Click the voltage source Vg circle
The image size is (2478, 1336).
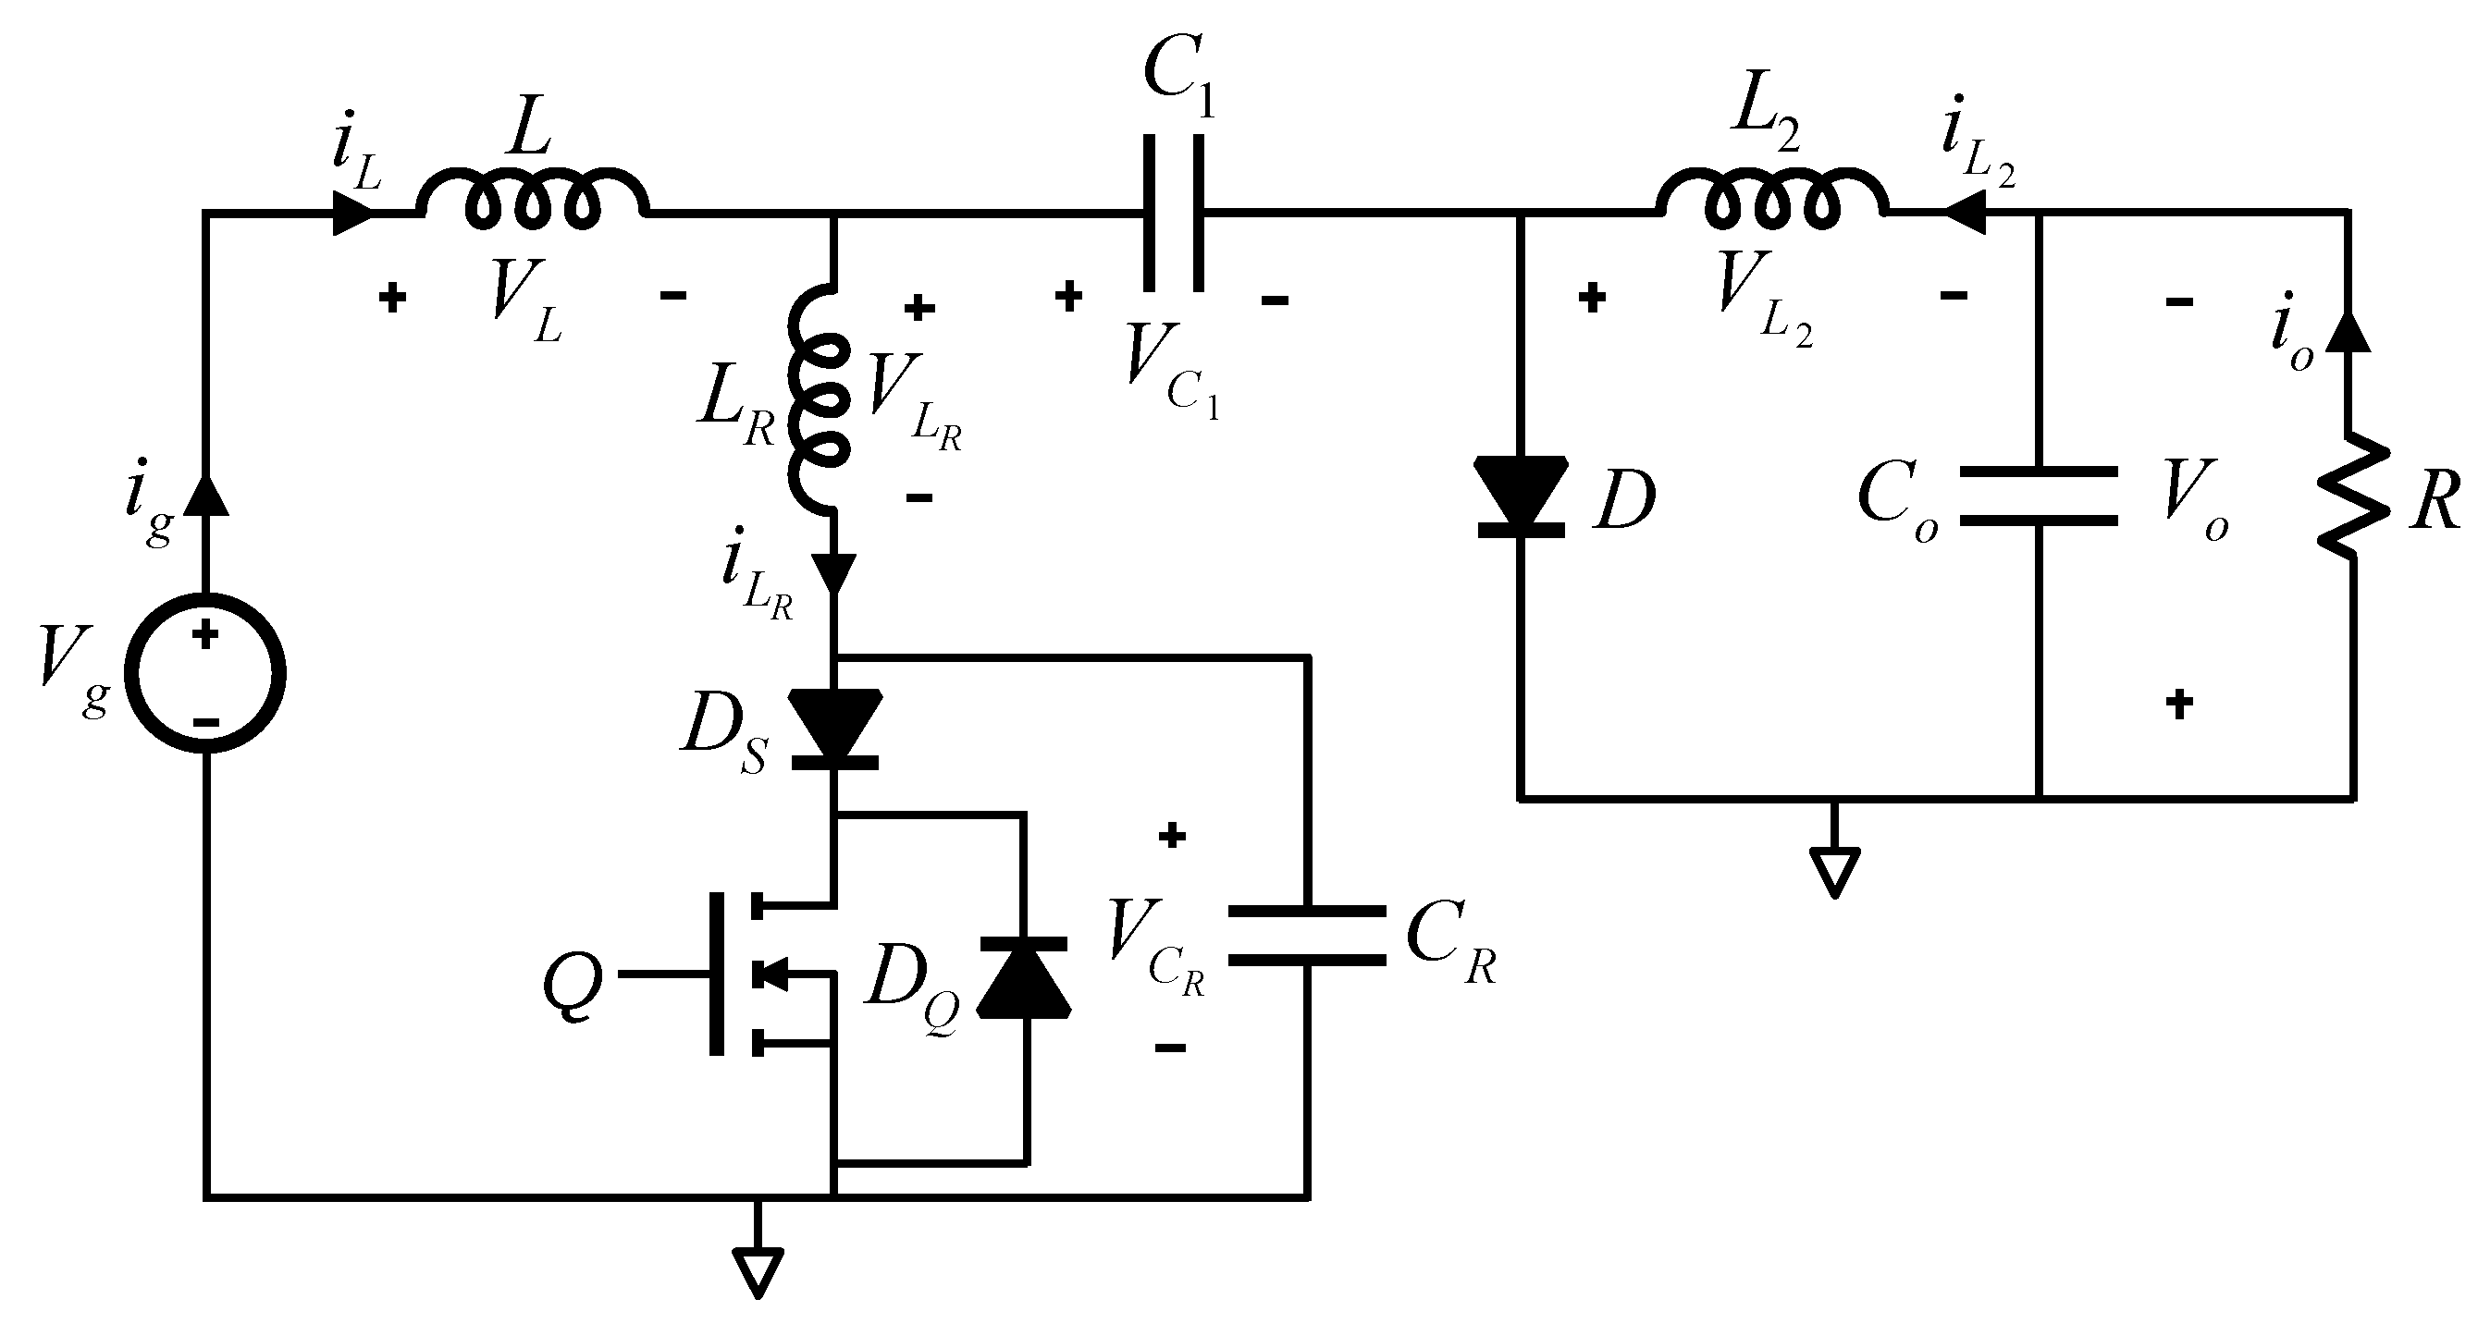(x=205, y=673)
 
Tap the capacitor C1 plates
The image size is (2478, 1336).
(x=1173, y=212)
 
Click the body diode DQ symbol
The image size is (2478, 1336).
(x=1024, y=976)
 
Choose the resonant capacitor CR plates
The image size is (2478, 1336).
(x=1307, y=934)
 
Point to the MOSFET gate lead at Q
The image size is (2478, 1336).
(x=664, y=974)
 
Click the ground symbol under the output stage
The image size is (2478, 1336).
(x=1834, y=870)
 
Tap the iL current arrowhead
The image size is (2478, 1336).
(x=353, y=213)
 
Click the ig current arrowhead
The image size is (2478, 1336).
(x=205, y=495)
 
